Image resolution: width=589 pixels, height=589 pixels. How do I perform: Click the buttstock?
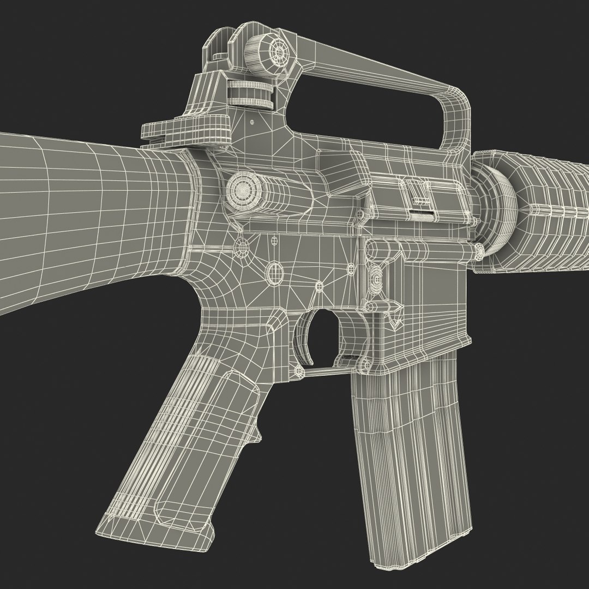point(82,218)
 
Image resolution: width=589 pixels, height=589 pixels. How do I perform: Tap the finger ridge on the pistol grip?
point(254,434)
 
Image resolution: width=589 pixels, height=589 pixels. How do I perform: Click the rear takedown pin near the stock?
point(240,249)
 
